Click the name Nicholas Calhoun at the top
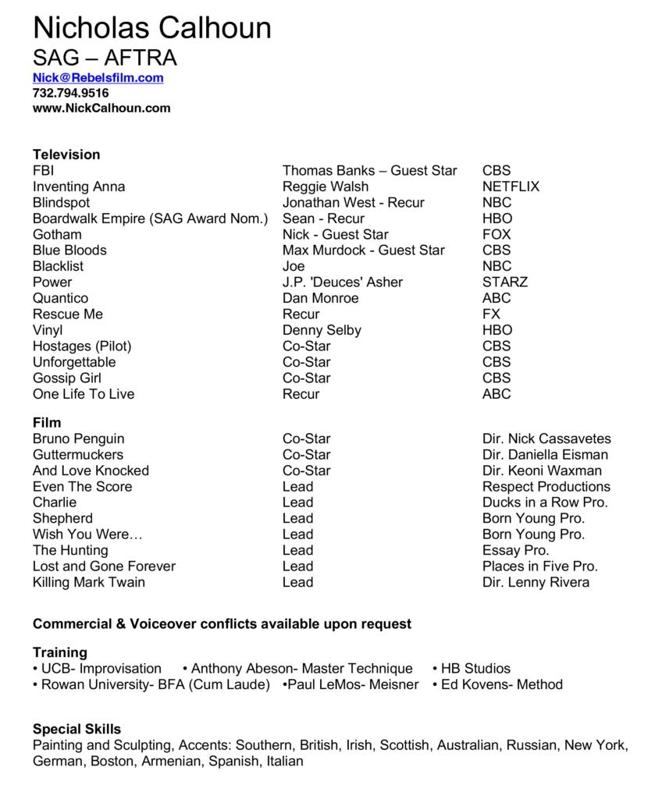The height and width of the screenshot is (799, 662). pos(152,29)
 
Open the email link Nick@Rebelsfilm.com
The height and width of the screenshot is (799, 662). pos(98,77)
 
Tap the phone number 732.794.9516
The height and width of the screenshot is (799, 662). pos(70,93)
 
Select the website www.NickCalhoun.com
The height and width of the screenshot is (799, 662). pos(101,108)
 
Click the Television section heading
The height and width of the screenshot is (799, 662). pos(66,154)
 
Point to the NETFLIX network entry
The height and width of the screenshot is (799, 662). pos(511,186)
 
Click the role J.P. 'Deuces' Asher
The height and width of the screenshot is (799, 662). pos(343,282)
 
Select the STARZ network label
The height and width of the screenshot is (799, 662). pos(504,282)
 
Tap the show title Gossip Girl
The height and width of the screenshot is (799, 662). pos(67,378)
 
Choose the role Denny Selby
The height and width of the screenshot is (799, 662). pos(322,330)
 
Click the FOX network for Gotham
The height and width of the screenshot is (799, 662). pos(496,234)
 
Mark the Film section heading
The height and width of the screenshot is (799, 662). pos(47,423)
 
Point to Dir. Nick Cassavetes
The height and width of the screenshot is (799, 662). pos(546,439)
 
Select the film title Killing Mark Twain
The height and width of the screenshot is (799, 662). pos(89,582)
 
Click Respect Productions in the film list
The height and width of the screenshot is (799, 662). pos(546,486)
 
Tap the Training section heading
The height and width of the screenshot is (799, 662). pos(60,652)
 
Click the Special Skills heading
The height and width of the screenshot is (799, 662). pos(77,730)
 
